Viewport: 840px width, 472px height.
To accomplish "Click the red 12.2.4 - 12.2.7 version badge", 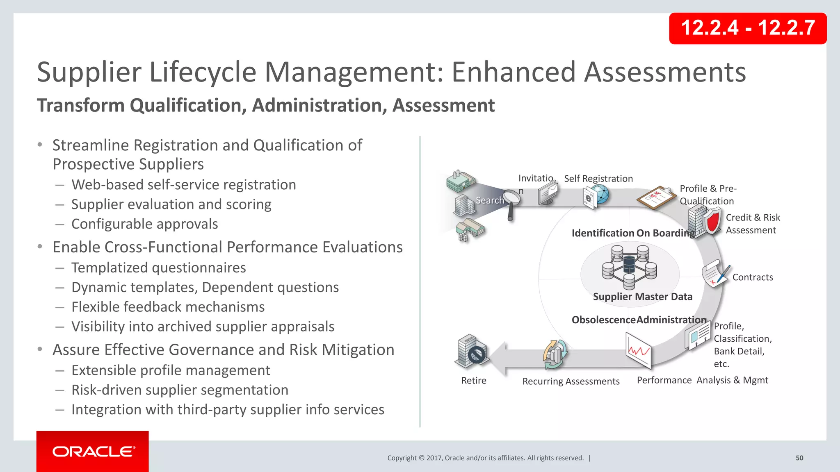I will click(x=747, y=28).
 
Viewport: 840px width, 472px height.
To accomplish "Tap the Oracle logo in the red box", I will click(x=93, y=452).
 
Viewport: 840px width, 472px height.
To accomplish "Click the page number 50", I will click(x=799, y=458).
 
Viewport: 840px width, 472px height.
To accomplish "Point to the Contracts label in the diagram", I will click(x=753, y=277).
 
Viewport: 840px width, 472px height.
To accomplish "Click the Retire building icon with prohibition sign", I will click(x=472, y=351).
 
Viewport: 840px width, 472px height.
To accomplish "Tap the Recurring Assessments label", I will click(x=571, y=381).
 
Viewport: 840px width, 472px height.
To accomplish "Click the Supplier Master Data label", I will click(x=642, y=297).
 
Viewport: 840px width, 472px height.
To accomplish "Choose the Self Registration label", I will click(x=598, y=179).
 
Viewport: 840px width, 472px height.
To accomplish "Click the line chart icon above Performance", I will click(x=638, y=349).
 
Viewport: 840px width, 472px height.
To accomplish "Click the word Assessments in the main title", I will click(x=664, y=72).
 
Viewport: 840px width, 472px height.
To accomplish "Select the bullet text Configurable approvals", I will click(x=144, y=224).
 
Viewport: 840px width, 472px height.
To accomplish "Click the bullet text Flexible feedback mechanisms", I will click(x=168, y=307).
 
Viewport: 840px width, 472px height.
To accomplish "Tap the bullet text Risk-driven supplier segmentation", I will click(x=180, y=390).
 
